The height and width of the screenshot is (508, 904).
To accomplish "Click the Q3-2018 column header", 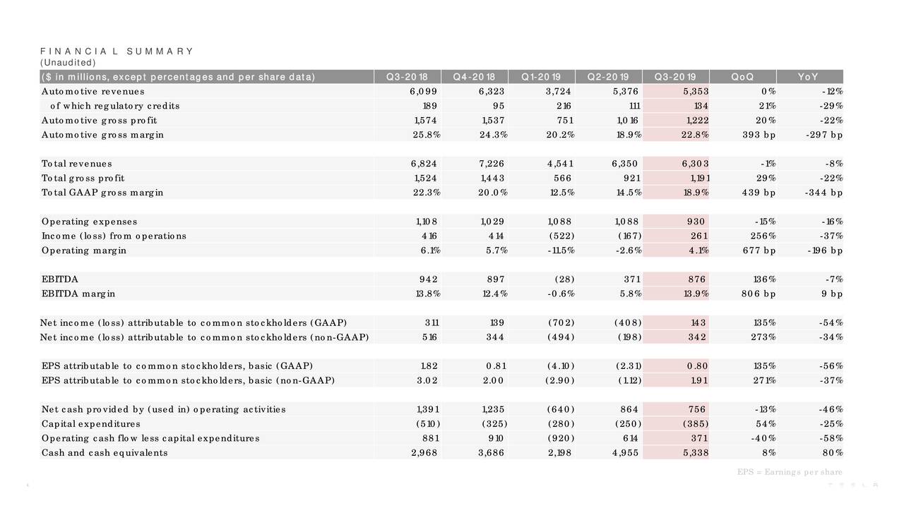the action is click(407, 77).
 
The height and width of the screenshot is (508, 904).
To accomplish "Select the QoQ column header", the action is click(742, 77).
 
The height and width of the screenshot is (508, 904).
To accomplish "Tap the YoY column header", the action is click(808, 77).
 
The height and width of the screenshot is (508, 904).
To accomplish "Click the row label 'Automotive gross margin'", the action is click(102, 135).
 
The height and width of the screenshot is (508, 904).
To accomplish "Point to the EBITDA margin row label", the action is click(78, 294).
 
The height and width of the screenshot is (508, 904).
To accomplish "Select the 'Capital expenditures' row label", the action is click(91, 424).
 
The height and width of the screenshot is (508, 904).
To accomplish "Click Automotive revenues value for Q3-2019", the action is click(696, 92).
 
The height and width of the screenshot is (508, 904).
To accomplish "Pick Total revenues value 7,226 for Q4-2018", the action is click(492, 164).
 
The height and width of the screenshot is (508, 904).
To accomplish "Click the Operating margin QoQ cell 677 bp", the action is click(759, 250).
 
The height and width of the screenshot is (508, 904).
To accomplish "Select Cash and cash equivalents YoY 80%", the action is click(833, 453).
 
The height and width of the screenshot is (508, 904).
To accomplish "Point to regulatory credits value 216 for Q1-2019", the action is click(564, 106).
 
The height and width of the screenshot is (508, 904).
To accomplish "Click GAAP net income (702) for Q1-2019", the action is click(561, 322).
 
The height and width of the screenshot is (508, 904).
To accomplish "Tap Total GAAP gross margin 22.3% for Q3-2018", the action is click(427, 193).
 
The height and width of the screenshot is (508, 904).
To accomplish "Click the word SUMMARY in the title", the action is click(160, 52).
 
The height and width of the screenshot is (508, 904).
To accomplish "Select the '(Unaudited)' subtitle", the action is click(68, 63).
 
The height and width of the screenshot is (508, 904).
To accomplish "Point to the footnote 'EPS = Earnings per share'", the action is click(790, 472).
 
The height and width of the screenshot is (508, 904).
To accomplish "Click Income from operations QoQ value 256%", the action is click(763, 236).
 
